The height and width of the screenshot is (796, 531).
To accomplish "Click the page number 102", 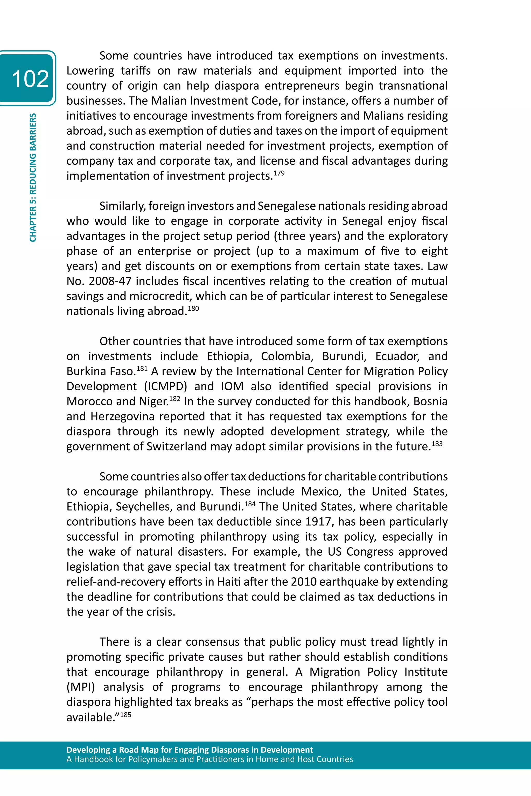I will (30, 78).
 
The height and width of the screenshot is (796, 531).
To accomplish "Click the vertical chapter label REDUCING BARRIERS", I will (33, 178).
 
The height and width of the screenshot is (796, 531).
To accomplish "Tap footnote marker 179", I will (279, 173).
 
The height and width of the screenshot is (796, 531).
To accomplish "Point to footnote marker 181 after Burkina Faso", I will (142, 368).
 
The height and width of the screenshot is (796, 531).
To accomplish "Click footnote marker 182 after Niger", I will (174, 398).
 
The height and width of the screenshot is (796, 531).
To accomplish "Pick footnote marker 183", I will (437, 443).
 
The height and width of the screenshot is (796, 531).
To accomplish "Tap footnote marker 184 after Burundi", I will (250, 504).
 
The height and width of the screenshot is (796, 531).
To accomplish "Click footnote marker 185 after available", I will (126, 714).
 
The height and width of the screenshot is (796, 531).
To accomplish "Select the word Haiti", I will (229, 582).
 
